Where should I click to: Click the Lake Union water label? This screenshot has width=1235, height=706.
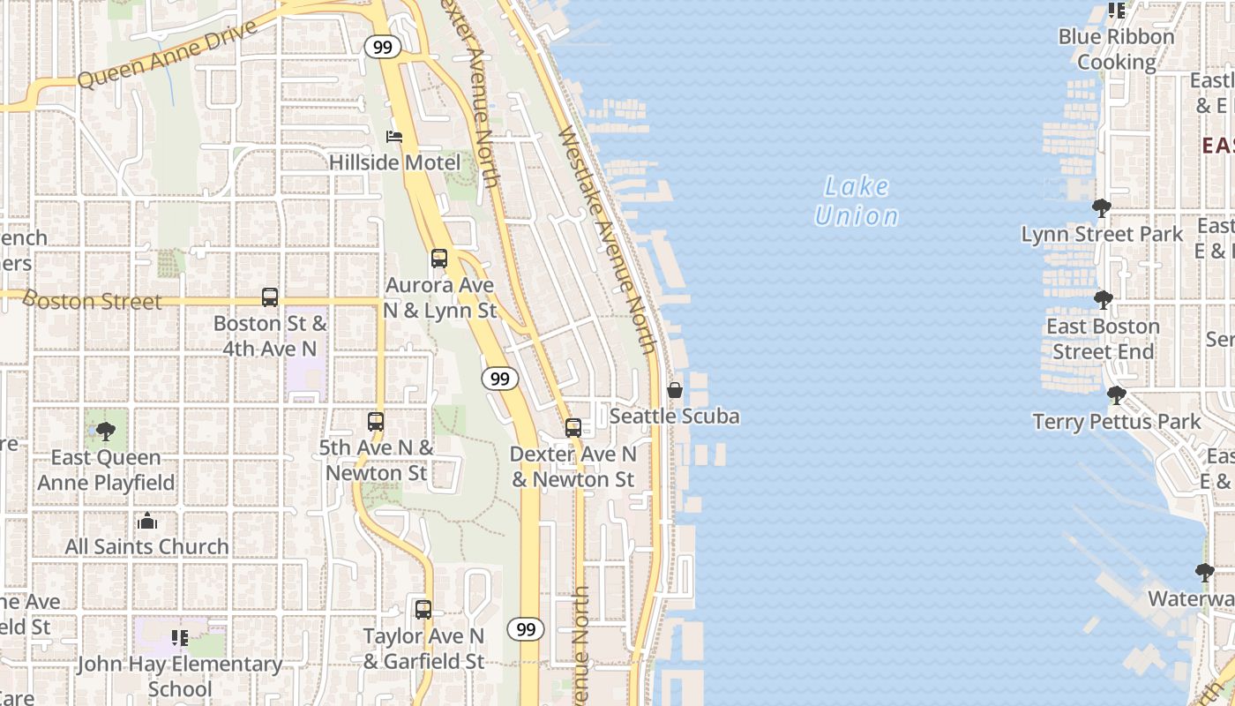pos(857,201)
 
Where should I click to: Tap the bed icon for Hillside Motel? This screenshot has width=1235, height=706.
pos(394,137)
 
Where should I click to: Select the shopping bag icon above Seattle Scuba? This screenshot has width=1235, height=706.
pos(675,390)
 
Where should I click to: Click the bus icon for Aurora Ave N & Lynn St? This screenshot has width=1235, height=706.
pos(439,259)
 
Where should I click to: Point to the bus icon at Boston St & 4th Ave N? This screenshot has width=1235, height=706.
pos(270,297)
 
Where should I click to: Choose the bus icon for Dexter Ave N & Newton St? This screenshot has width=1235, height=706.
pos(573,428)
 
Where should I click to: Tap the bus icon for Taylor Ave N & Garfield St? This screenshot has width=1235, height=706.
pos(423,609)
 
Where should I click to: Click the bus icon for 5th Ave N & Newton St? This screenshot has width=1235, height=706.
pos(376,422)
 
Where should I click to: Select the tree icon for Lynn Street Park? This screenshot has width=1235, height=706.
pos(1101,208)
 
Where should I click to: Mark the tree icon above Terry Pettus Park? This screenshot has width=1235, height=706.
pos(1116,394)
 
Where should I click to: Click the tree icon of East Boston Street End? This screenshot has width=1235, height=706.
pos(1103,300)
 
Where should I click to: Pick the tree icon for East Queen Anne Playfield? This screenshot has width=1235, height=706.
pos(106,432)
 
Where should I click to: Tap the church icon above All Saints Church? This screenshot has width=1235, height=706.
pos(147,522)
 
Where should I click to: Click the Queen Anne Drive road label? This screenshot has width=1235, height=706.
pos(167,54)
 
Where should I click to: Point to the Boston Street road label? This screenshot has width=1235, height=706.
pos(94,301)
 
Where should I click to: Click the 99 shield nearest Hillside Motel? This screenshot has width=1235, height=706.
pos(382,48)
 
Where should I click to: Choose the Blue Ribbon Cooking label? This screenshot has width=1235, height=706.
pos(1117,49)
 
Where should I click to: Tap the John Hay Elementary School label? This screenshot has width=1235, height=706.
pos(180,676)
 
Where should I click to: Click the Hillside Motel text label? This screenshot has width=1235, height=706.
pos(394,162)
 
